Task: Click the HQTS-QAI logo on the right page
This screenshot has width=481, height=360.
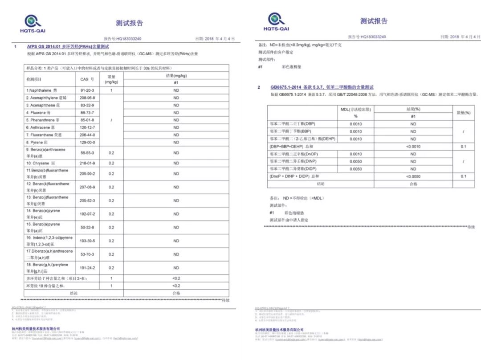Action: pyautogui.click(x=276, y=22)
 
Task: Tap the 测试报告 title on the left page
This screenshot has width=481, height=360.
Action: pyautogui.click(x=130, y=23)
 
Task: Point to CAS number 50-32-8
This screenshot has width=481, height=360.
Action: pyautogui.click(x=87, y=227)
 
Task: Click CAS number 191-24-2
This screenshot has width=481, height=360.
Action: pyautogui.click(x=87, y=268)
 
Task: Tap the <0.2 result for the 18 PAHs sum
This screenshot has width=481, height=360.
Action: pyautogui.click(x=176, y=286)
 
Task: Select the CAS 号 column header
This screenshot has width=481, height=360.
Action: pyautogui.click(x=87, y=79)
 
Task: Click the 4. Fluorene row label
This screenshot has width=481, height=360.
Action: pyautogui.click(x=41, y=113)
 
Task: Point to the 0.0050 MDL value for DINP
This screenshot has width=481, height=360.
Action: pyautogui.click(x=356, y=161)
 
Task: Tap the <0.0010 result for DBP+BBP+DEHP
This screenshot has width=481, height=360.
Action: pyautogui.click(x=413, y=147)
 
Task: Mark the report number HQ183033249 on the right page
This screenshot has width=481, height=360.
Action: pyautogui.click(x=367, y=37)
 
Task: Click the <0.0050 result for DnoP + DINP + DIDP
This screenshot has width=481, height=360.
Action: pyautogui.click(x=413, y=176)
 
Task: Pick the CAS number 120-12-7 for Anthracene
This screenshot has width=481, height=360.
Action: pyautogui.click(x=87, y=127)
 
